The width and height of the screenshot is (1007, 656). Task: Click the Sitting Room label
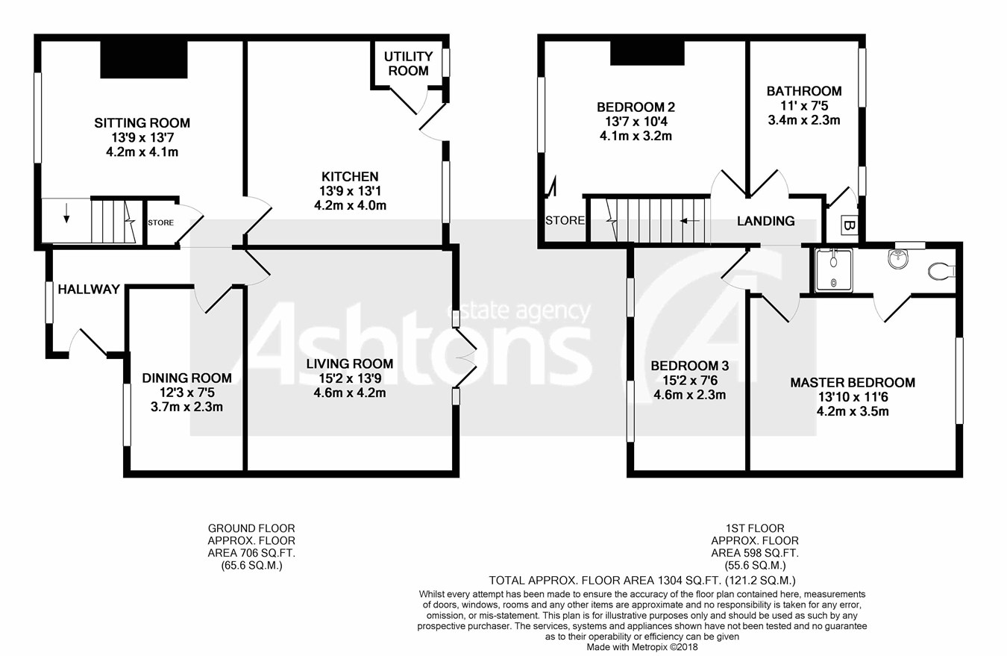[142, 122]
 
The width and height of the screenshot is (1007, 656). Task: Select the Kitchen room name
[350, 177]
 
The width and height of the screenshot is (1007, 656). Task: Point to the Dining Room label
[186, 378]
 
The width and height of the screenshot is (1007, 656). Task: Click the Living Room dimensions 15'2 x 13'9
[350, 378]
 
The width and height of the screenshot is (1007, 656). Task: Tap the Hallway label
[89, 290]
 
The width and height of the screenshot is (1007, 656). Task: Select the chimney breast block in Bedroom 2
[647, 52]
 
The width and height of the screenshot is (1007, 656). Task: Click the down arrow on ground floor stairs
[66, 217]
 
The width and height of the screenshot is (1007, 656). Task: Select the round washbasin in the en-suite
[899, 260]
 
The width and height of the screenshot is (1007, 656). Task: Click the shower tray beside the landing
[834, 269]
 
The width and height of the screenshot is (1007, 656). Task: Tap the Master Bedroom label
[853, 383]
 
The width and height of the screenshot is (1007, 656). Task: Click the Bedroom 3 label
[689, 366]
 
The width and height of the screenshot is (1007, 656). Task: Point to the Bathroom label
[804, 91]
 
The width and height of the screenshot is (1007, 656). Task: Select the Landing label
[765, 221]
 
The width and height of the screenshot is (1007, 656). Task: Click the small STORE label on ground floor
[160, 222]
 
